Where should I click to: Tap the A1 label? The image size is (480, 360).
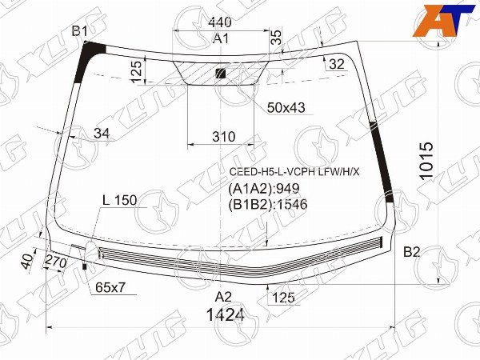tap(221, 38)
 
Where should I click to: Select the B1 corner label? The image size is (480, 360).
tap(80, 31)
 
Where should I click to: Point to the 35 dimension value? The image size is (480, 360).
tap(276, 36)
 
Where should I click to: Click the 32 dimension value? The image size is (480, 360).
tap(336, 64)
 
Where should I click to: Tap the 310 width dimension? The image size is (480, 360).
tap(223, 137)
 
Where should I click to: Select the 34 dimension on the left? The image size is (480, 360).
tap(101, 133)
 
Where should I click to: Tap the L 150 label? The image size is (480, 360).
tap(119, 200)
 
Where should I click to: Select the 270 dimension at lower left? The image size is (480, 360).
tap(54, 262)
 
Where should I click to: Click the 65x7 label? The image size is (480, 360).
tap(111, 286)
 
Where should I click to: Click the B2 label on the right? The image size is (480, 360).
tap(411, 253)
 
